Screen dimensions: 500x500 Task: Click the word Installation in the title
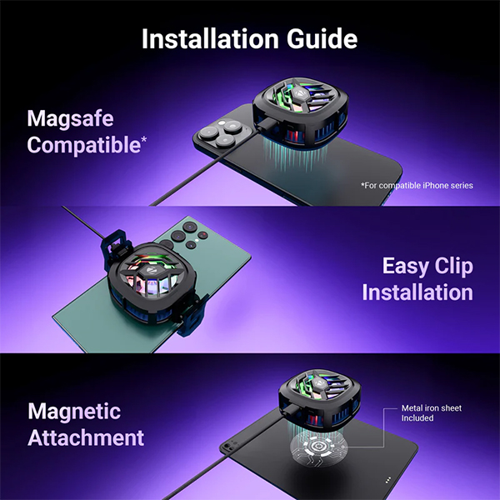[211, 38]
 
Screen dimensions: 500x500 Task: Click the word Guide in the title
[322, 38]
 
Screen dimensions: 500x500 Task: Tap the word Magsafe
[70, 118]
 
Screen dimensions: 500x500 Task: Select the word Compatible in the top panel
[83, 145]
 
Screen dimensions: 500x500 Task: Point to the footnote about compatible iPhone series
[417, 185]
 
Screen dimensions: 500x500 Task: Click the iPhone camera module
[222, 132]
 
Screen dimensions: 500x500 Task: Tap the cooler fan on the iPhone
[300, 113]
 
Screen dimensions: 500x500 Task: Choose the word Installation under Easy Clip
[417, 292]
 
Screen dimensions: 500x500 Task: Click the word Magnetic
[74, 411]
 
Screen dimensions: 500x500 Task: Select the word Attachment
[86, 437]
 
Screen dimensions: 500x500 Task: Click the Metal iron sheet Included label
[431, 413]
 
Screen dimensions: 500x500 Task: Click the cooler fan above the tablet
[320, 398]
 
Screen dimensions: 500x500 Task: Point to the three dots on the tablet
[388, 479]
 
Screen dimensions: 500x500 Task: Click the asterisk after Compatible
[144, 139]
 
